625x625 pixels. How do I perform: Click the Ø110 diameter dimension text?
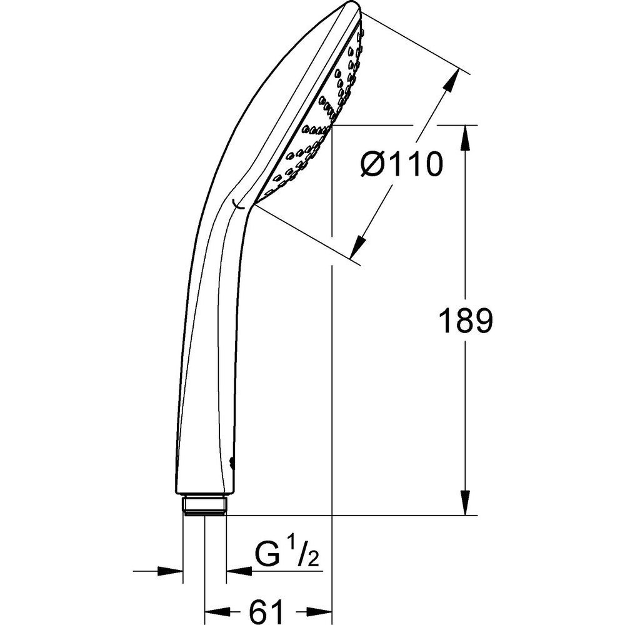coord(401,164)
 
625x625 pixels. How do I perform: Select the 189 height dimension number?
coord(466,321)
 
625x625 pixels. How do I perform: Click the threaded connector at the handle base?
coord(205,506)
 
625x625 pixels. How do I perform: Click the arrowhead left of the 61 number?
coord(217,611)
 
